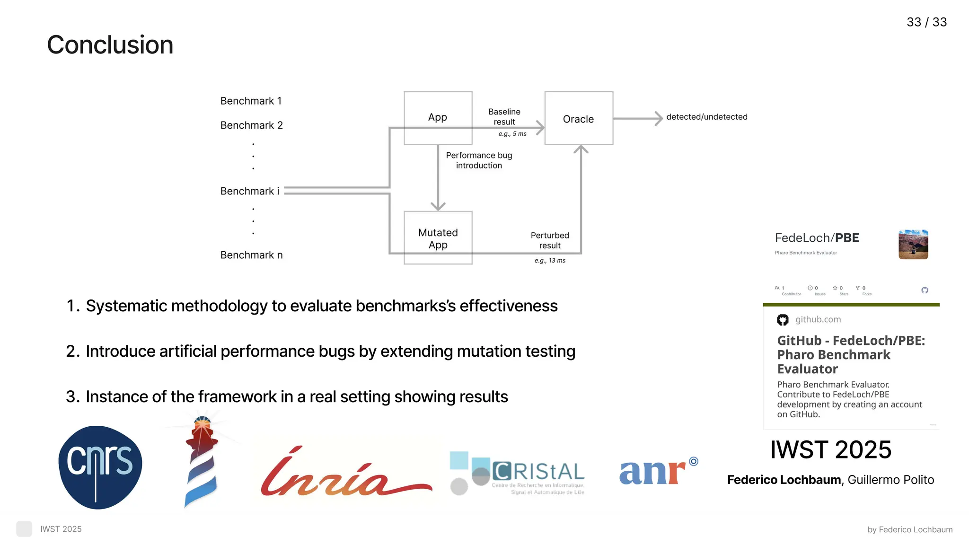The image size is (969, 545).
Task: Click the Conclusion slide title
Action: (x=110, y=45)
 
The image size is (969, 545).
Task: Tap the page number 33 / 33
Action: (x=926, y=22)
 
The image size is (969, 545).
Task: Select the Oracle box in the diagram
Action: (x=578, y=119)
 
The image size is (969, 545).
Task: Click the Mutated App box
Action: (x=438, y=238)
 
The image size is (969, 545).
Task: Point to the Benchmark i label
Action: (x=249, y=191)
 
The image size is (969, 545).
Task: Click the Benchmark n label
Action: (x=251, y=255)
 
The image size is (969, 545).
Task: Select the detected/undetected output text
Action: (x=706, y=117)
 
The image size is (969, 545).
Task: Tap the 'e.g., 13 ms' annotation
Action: (x=550, y=261)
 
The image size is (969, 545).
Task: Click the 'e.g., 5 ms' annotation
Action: (x=512, y=134)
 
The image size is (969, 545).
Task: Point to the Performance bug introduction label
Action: (x=479, y=160)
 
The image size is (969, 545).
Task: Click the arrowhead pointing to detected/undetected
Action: (x=658, y=118)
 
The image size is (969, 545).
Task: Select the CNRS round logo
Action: (x=100, y=467)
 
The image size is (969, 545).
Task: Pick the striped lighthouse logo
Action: (x=202, y=461)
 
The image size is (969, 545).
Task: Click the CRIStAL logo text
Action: (x=538, y=472)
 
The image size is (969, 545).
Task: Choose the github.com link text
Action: (x=818, y=319)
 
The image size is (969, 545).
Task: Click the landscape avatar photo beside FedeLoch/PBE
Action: (x=913, y=245)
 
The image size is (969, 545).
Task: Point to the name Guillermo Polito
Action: (x=890, y=480)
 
